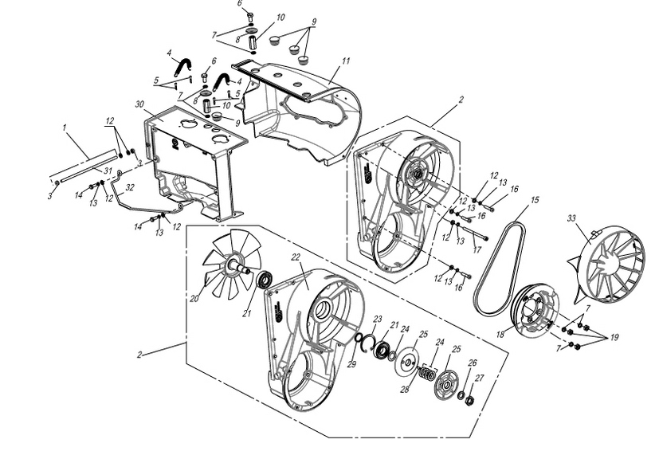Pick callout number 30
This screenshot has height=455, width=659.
pyautogui.click(x=140, y=105)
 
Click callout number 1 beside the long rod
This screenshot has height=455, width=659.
pyautogui.click(x=63, y=127)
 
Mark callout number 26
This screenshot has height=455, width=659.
pyautogui.click(x=472, y=363)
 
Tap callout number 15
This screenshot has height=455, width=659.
pyautogui.click(x=533, y=199)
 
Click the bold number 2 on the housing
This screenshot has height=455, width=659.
pyautogui.click(x=174, y=143)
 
